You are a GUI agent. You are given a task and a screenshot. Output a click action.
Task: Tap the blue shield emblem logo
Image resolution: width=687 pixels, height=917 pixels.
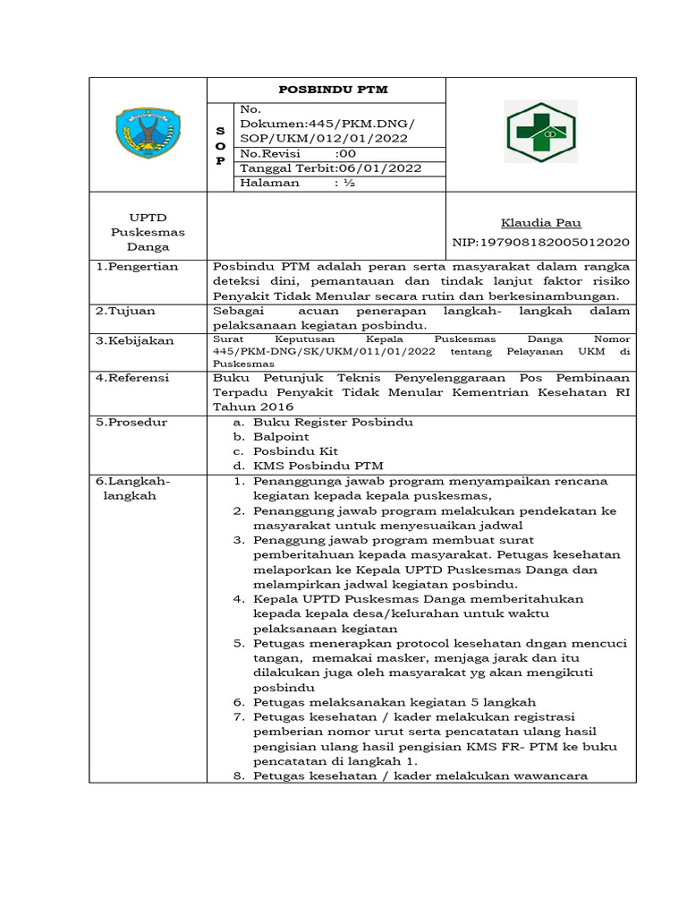point(148,133)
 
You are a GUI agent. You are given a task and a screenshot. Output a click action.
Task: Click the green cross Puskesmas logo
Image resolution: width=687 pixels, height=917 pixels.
point(541,133)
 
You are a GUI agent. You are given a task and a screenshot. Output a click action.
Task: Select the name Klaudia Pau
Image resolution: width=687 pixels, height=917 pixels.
point(541,223)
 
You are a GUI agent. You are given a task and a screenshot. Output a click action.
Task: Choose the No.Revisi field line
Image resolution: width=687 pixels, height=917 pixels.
point(299,153)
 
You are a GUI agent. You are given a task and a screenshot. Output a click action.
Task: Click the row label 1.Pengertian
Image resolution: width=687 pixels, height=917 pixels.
point(137,267)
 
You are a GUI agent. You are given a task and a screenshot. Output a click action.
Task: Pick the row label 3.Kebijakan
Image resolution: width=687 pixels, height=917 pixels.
point(134,341)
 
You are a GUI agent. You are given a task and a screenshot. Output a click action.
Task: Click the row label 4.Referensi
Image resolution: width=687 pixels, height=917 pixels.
point(132,378)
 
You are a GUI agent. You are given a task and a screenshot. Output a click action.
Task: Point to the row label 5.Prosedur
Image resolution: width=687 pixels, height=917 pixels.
point(131,422)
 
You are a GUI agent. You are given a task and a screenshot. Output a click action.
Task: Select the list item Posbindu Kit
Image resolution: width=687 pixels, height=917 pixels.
point(295,451)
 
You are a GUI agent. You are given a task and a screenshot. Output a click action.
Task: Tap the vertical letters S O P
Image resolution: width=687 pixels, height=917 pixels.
point(220,146)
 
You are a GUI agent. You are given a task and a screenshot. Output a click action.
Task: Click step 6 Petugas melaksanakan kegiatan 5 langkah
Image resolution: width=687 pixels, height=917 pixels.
point(394,702)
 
